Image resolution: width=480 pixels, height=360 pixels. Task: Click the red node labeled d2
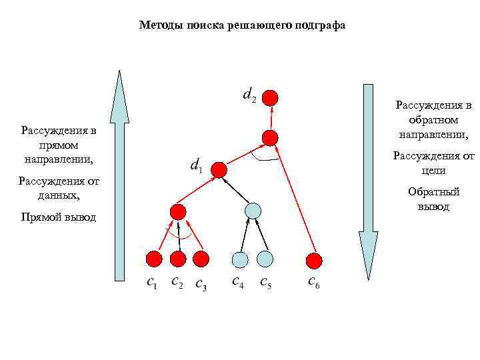pyautogui.click(x=269, y=97)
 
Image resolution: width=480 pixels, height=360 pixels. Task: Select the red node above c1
pyautogui.click(x=154, y=258)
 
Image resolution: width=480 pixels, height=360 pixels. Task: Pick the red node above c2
pyautogui.click(x=178, y=258)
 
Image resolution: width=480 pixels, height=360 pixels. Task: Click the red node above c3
pyautogui.click(x=201, y=258)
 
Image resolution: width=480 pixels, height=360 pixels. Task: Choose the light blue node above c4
pyautogui.click(x=240, y=259)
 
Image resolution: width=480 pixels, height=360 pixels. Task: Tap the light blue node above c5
pyautogui.click(x=265, y=258)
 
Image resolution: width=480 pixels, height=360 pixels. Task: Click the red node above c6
pyautogui.click(x=314, y=259)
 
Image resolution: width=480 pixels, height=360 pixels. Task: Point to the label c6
pyautogui.click(x=313, y=283)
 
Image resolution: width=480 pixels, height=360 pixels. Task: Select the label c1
pyautogui.click(x=152, y=283)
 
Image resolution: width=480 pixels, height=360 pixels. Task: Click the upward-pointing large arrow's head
pyautogui.click(x=119, y=93)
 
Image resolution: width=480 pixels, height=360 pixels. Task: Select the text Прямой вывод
pyautogui.click(x=59, y=217)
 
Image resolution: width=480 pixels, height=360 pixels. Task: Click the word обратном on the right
pyautogui.click(x=434, y=120)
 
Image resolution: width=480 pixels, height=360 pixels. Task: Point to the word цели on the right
pyautogui.click(x=434, y=171)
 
